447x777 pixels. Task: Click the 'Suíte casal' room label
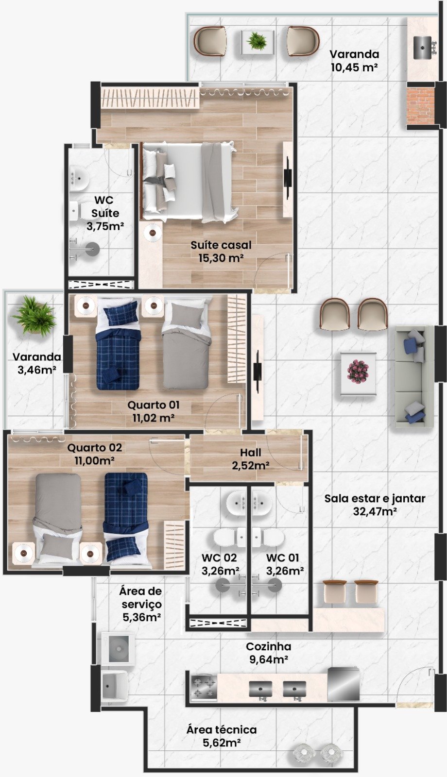click(221, 245)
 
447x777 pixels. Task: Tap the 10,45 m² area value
click(354, 67)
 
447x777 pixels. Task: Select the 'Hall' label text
click(251, 452)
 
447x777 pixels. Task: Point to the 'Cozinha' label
click(268, 646)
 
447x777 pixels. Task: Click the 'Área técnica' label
click(222, 729)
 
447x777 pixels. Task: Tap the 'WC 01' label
click(282, 557)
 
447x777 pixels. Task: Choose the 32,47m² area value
click(375, 511)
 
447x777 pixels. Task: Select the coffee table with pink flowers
click(358, 373)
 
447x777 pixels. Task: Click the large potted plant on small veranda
click(34, 315)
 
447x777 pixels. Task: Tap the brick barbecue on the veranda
click(420, 105)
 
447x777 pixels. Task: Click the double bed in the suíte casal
click(189, 182)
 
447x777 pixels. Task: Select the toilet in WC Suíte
click(79, 211)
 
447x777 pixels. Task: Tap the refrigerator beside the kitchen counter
click(343, 683)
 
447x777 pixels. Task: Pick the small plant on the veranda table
click(257, 41)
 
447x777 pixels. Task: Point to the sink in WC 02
click(237, 503)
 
